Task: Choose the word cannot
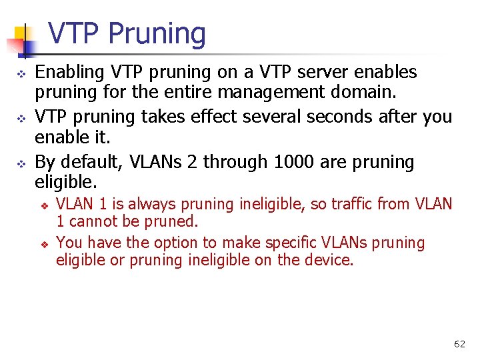pos(93,221)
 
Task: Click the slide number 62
pos(459,344)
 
